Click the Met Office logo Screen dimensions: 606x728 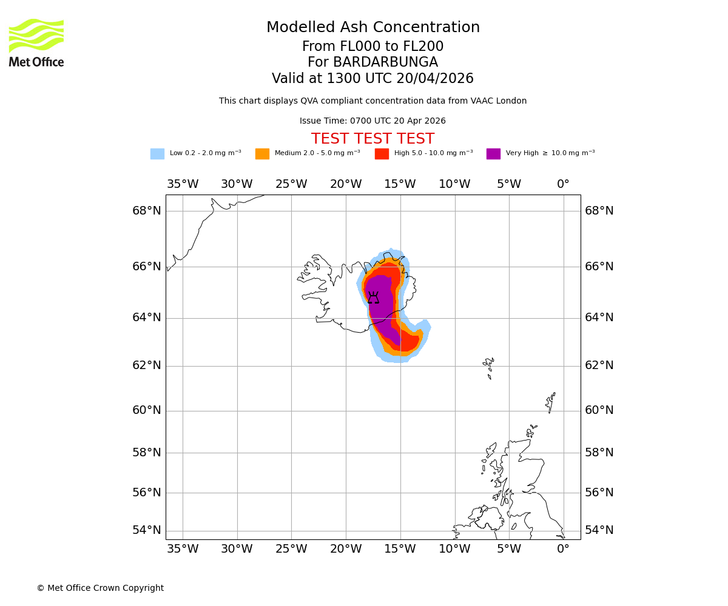(36, 42)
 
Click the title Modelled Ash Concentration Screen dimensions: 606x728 (372, 28)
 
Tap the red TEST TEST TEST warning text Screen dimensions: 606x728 (372, 139)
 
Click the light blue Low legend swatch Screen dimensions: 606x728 (157, 154)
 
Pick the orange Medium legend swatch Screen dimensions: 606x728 (262, 154)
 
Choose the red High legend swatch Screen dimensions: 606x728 (382, 154)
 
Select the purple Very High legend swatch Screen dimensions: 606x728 (493, 154)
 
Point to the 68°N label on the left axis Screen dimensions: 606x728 (147, 211)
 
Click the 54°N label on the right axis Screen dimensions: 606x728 (599, 530)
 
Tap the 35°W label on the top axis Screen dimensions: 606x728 (183, 184)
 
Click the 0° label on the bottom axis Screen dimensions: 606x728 (563, 549)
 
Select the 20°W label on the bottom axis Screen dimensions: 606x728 (346, 549)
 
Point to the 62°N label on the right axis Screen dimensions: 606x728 (599, 365)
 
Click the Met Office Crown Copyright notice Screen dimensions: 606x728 (100, 588)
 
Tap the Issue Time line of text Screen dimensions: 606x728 (372, 121)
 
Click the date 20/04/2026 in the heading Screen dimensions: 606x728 (435, 79)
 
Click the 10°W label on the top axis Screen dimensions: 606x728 (454, 184)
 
